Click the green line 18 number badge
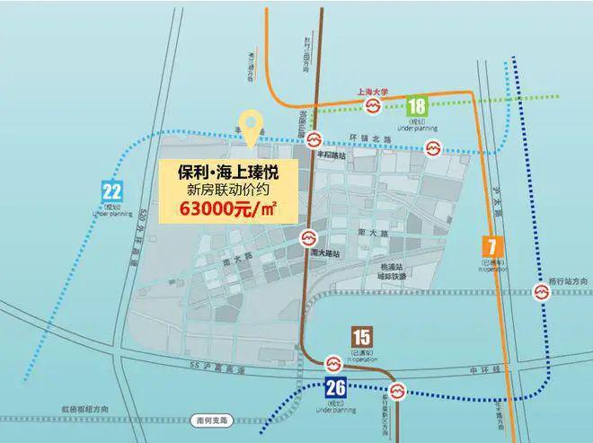417,106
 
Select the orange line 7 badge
490,245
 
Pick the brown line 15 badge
361,338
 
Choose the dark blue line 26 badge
336,388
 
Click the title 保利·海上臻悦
226,170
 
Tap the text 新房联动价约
226,190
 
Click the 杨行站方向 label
571,282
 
